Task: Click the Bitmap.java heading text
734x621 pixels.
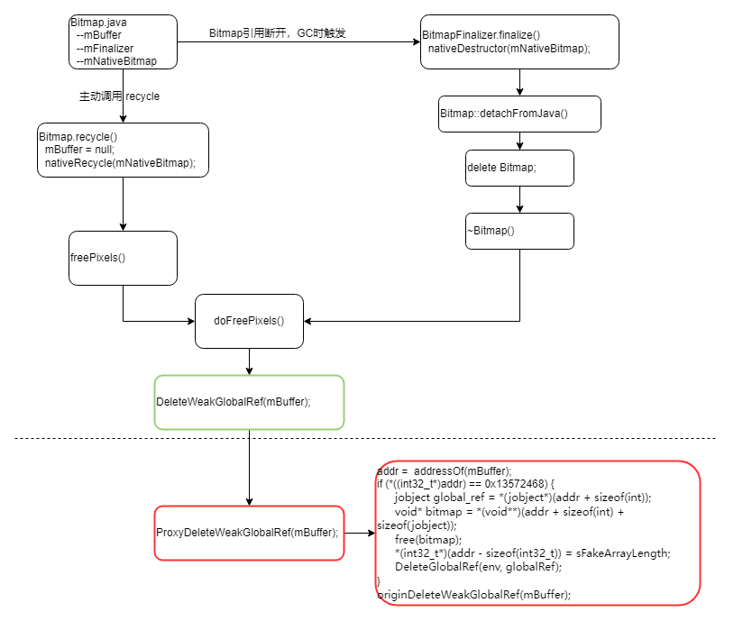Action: (x=97, y=22)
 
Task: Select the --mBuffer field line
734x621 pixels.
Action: (x=99, y=35)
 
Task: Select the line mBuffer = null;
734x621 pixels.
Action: (x=79, y=150)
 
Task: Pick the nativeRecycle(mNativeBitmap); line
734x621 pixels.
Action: (x=120, y=163)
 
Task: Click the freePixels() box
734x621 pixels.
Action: (x=123, y=258)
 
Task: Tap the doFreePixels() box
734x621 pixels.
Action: (x=249, y=321)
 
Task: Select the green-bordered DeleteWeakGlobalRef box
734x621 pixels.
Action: (x=249, y=402)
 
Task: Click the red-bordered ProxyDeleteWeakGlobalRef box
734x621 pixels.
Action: (x=249, y=533)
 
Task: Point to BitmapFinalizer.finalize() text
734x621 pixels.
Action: (x=482, y=35)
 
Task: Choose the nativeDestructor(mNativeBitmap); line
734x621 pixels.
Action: (x=509, y=49)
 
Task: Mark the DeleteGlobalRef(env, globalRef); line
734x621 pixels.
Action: (x=478, y=566)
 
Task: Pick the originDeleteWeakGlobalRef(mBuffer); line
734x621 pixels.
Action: (x=474, y=594)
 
